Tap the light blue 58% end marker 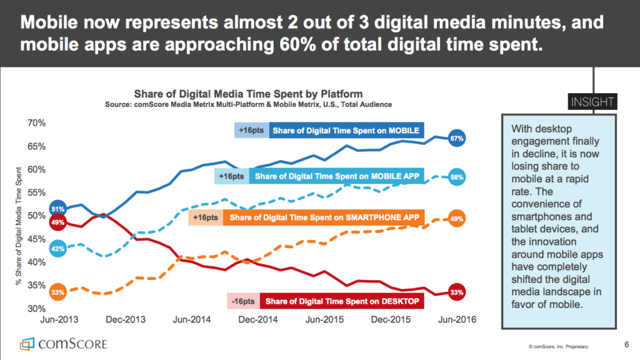(x=456, y=178)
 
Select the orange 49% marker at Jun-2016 (x=456, y=219)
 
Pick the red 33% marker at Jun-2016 (x=456, y=292)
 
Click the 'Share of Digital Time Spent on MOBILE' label (x=346, y=130)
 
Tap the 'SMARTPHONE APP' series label (x=324, y=217)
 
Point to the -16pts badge (x=243, y=302)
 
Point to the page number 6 (x=626, y=344)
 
